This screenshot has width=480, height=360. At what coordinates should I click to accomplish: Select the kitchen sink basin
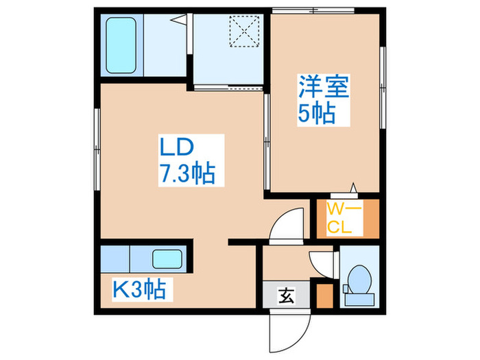pos(167,259)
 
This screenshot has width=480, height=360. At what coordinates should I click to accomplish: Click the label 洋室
pos(324,88)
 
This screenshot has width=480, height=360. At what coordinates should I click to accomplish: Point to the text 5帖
pos(316,113)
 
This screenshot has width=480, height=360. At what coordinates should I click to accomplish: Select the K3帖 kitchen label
pos(139,291)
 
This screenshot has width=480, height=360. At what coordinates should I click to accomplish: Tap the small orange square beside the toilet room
pos(324,297)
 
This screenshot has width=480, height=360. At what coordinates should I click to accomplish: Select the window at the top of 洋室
pos(313,10)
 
